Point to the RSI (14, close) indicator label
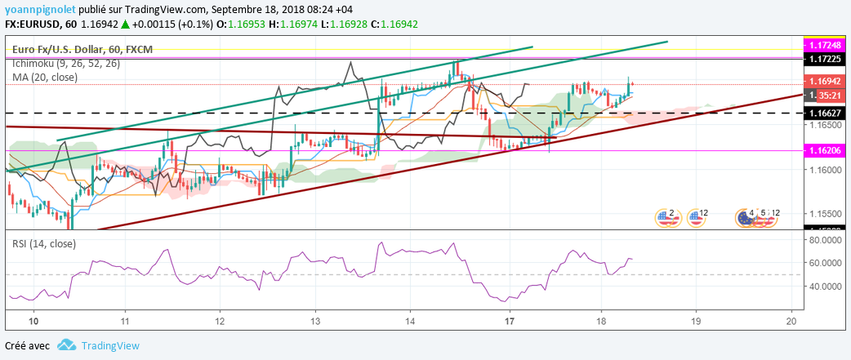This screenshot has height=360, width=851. coord(43,243)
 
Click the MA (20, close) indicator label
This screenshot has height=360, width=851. coord(45,78)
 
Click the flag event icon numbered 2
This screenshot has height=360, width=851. coord(667,216)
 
